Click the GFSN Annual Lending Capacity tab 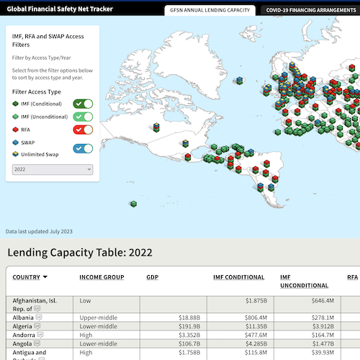point(210,10)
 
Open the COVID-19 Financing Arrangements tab point(311,10)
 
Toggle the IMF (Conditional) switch point(84,104)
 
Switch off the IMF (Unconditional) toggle point(84,117)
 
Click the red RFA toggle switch point(84,130)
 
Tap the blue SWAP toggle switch point(84,148)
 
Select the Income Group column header point(102,277)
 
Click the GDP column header point(153,277)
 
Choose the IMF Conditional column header point(239,277)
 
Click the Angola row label point(24,343)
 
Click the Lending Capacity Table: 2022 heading point(80,252)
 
